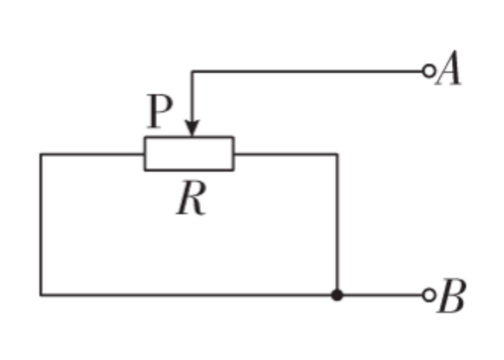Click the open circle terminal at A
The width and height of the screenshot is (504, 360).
click(428, 70)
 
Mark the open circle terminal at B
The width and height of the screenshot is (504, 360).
click(428, 295)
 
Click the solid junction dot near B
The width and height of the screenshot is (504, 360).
click(337, 295)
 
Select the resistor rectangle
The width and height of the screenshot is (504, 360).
click(189, 153)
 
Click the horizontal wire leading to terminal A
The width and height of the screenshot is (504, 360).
click(305, 70)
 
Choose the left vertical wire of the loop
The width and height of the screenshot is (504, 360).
click(40, 225)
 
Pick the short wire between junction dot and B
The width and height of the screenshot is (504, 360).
click(382, 295)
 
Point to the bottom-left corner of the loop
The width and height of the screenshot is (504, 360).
click(40, 295)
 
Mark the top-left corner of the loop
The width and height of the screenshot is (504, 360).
click(40, 153)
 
